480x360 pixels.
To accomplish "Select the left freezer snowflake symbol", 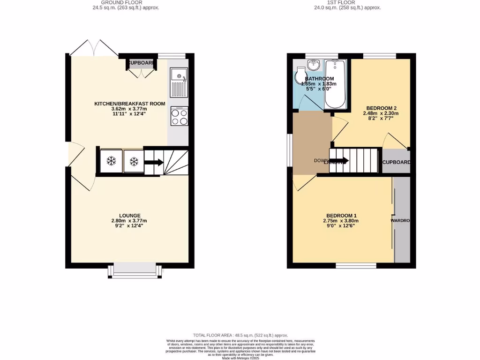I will pos(111,161).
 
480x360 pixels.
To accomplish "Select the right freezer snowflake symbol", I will pos(134,161).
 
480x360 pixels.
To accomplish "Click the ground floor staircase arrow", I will pos(154,163).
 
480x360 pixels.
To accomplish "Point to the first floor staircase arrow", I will pos(340,161).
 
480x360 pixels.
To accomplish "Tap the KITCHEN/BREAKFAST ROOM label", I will pos(130,104).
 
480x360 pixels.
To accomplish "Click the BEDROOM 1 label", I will pos(340,216).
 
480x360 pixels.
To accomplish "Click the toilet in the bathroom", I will pos(300,75).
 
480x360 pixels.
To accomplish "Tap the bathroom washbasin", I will pos(313,65).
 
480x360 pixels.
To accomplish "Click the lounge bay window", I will pos(135,271).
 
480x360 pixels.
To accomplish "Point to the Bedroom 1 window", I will pos(356,266).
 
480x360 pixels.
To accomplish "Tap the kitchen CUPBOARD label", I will pos(141,63).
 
